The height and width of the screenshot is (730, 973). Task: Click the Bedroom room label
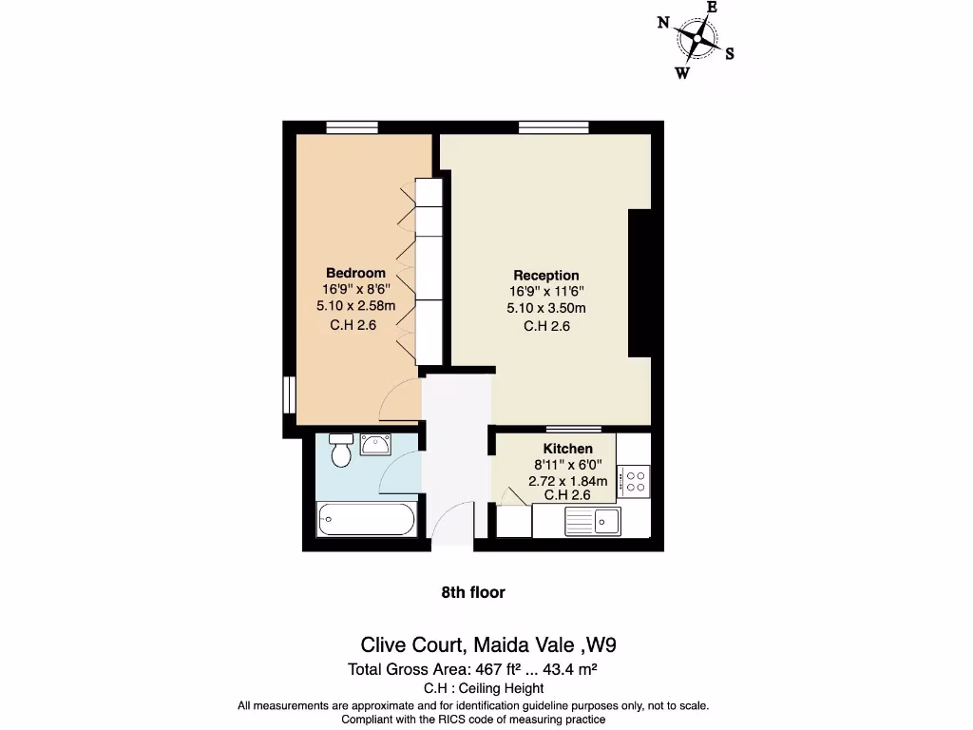click(x=356, y=273)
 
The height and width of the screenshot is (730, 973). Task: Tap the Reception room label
click(x=546, y=276)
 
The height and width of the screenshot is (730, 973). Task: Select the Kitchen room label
click(x=568, y=449)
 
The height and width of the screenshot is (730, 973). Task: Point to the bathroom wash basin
click(x=376, y=444)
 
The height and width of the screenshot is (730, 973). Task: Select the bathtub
click(x=366, y=520)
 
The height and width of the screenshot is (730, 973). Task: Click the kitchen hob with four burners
click(x=634, y=480)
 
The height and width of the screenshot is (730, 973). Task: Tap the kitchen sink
click(x=592, y=520)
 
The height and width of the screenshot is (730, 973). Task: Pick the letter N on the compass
click(x=663, y=24)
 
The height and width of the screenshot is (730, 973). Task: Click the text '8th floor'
click(x=473, y=592)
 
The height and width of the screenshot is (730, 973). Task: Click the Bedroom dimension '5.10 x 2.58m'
click(x=356, y=306)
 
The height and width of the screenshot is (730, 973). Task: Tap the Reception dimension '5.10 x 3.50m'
click(x=546, y=308)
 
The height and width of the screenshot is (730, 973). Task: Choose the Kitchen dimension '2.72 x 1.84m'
click(x=568, y=481)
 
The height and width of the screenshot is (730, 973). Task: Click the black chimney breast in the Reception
click(x=640, y=283)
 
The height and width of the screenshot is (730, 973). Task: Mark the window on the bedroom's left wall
click(x=289, y=394)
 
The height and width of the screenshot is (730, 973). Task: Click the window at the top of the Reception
click(x=553, y=127)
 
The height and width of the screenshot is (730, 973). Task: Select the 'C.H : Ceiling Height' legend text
click(x=484, y=688)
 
